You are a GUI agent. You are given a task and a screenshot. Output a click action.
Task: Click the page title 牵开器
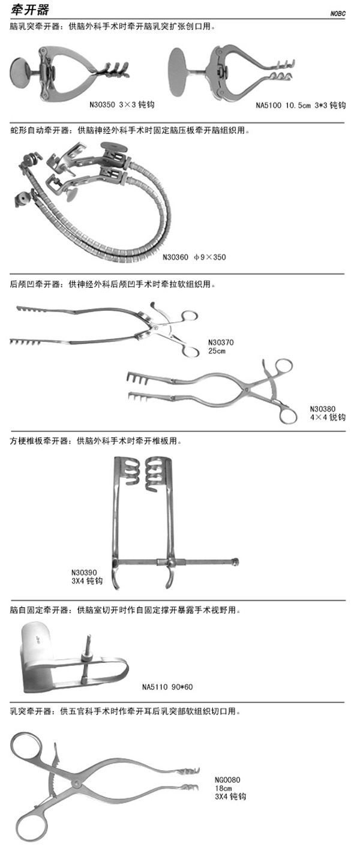point(30,10)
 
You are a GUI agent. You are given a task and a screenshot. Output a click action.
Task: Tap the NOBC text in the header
point(338,14)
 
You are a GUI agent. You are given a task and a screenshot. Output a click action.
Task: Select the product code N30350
point(103,104)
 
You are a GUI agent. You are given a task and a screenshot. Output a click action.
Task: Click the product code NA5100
point(268,106)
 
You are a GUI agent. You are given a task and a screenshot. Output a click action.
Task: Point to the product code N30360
point(175,257)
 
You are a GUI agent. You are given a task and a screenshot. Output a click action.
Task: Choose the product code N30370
point(221,343)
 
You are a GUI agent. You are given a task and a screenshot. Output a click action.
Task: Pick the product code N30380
point(323,409)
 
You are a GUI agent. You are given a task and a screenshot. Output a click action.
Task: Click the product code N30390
point(84,572)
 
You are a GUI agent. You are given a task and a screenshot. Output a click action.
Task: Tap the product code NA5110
point(155,687)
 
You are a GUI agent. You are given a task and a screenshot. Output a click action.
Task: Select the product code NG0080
point(228,780)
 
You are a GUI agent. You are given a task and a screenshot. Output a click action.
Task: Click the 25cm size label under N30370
point(217,351)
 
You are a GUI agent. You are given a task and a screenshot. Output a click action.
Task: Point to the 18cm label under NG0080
point(223,788)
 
